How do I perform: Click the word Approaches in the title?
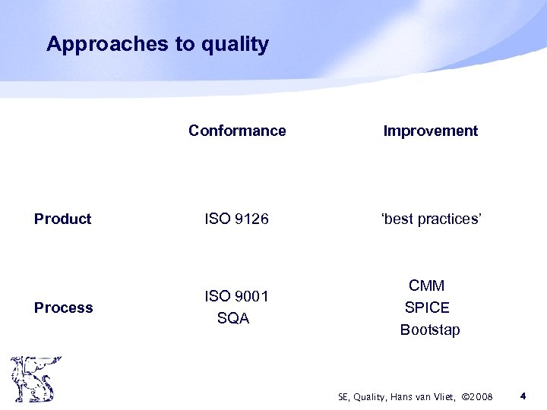107,44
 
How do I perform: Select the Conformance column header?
237,131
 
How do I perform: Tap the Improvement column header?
431,131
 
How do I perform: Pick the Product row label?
63,219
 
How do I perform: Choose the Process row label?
64,307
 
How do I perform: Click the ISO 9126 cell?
237,219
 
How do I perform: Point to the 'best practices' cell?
430,219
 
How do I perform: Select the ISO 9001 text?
237,295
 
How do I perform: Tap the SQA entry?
233,319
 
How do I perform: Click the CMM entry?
427,285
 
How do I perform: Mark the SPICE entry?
427,307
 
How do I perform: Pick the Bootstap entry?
430,330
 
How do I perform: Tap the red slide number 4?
523,396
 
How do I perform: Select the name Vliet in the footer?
440,396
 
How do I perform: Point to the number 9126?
251,219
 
